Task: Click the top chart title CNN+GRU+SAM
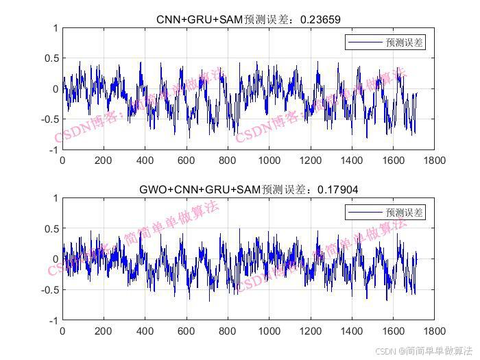point(200,20)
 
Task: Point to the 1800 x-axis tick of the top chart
point(434,160)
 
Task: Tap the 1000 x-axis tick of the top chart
point(269,160)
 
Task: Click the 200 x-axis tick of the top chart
point(104,160)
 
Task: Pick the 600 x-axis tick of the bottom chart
point(187,331)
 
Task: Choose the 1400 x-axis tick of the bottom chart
point(352,331)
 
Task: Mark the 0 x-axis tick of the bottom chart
point(62,331)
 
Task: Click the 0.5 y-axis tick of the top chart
point(51,58)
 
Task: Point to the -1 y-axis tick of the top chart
point(52,150)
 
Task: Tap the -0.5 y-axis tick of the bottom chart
point(49,289)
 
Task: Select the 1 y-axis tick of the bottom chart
point(55,197)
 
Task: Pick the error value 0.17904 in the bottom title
point(338,190)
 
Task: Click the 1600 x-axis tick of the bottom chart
point(393,331)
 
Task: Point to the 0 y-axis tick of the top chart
point(55,89)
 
